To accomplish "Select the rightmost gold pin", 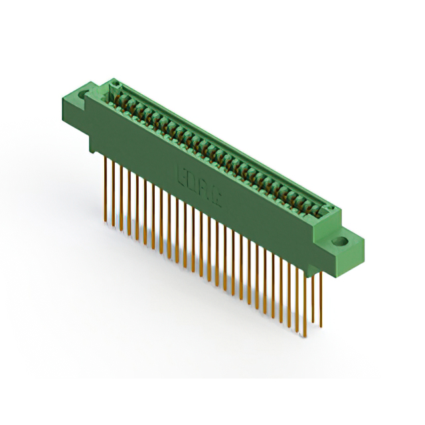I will point(320,299).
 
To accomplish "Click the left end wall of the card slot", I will point(114,86).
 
